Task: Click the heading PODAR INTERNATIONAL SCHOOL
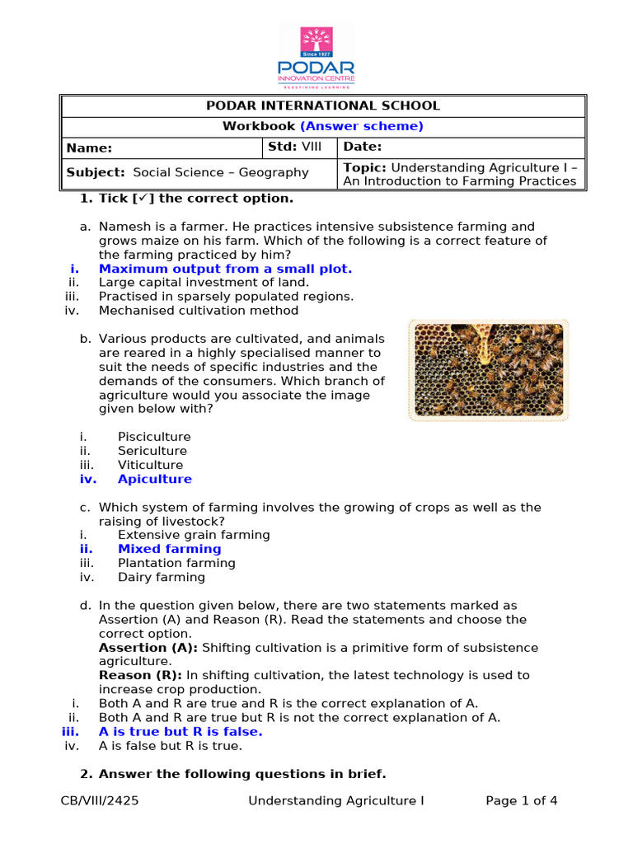point(322,105)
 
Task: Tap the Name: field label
point(89,148)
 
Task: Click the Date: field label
point(363,147)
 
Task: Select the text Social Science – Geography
point(220,172)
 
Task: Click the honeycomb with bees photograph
point(488,369)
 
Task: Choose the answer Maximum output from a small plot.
point(225,269)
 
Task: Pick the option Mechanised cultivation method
point(199,311)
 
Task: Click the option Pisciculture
point(154,437)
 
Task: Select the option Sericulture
point(152,451)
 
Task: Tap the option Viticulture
point(151,465)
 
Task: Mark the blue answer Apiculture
point(154,479)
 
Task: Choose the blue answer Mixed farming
point(169,549)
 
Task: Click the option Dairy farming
point(161,577)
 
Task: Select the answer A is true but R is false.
point(181,732)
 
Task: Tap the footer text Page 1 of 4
point(522,800)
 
